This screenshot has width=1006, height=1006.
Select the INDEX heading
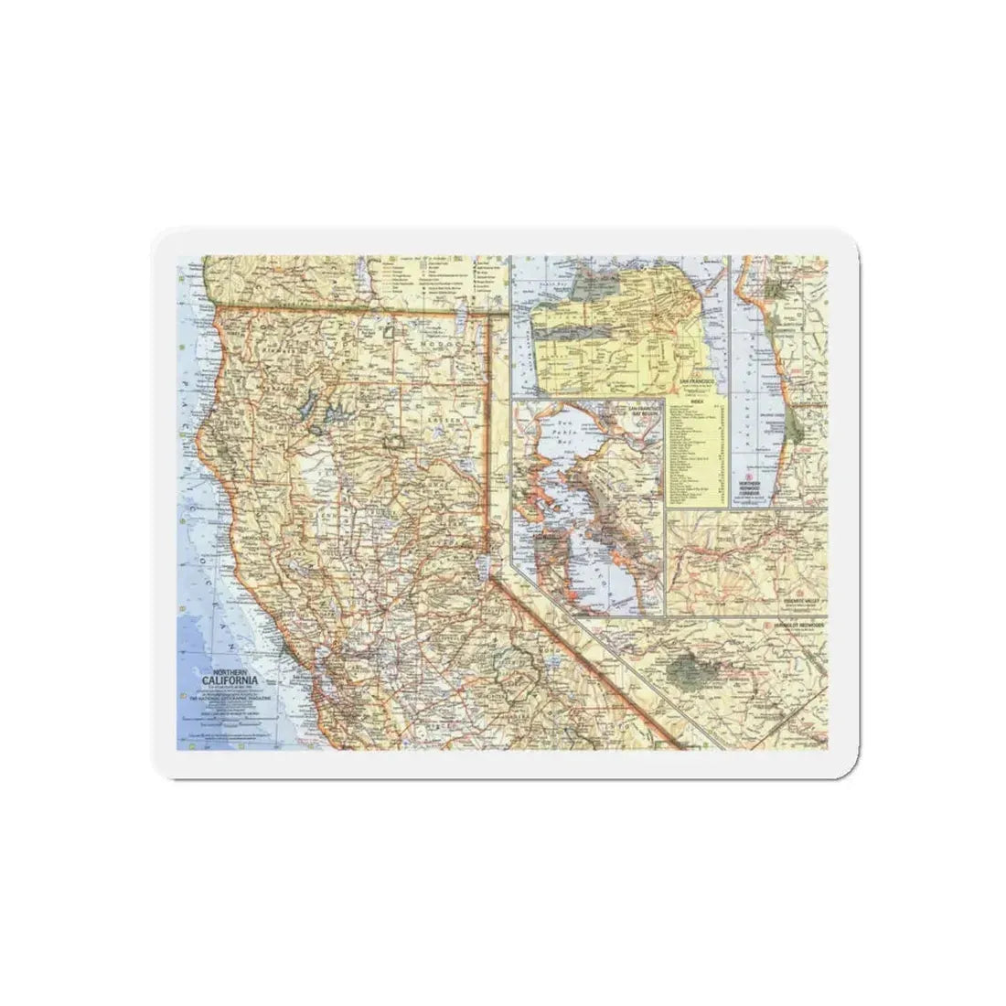tap(697, 399)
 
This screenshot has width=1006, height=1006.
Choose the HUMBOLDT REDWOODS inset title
tap(798, 624)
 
